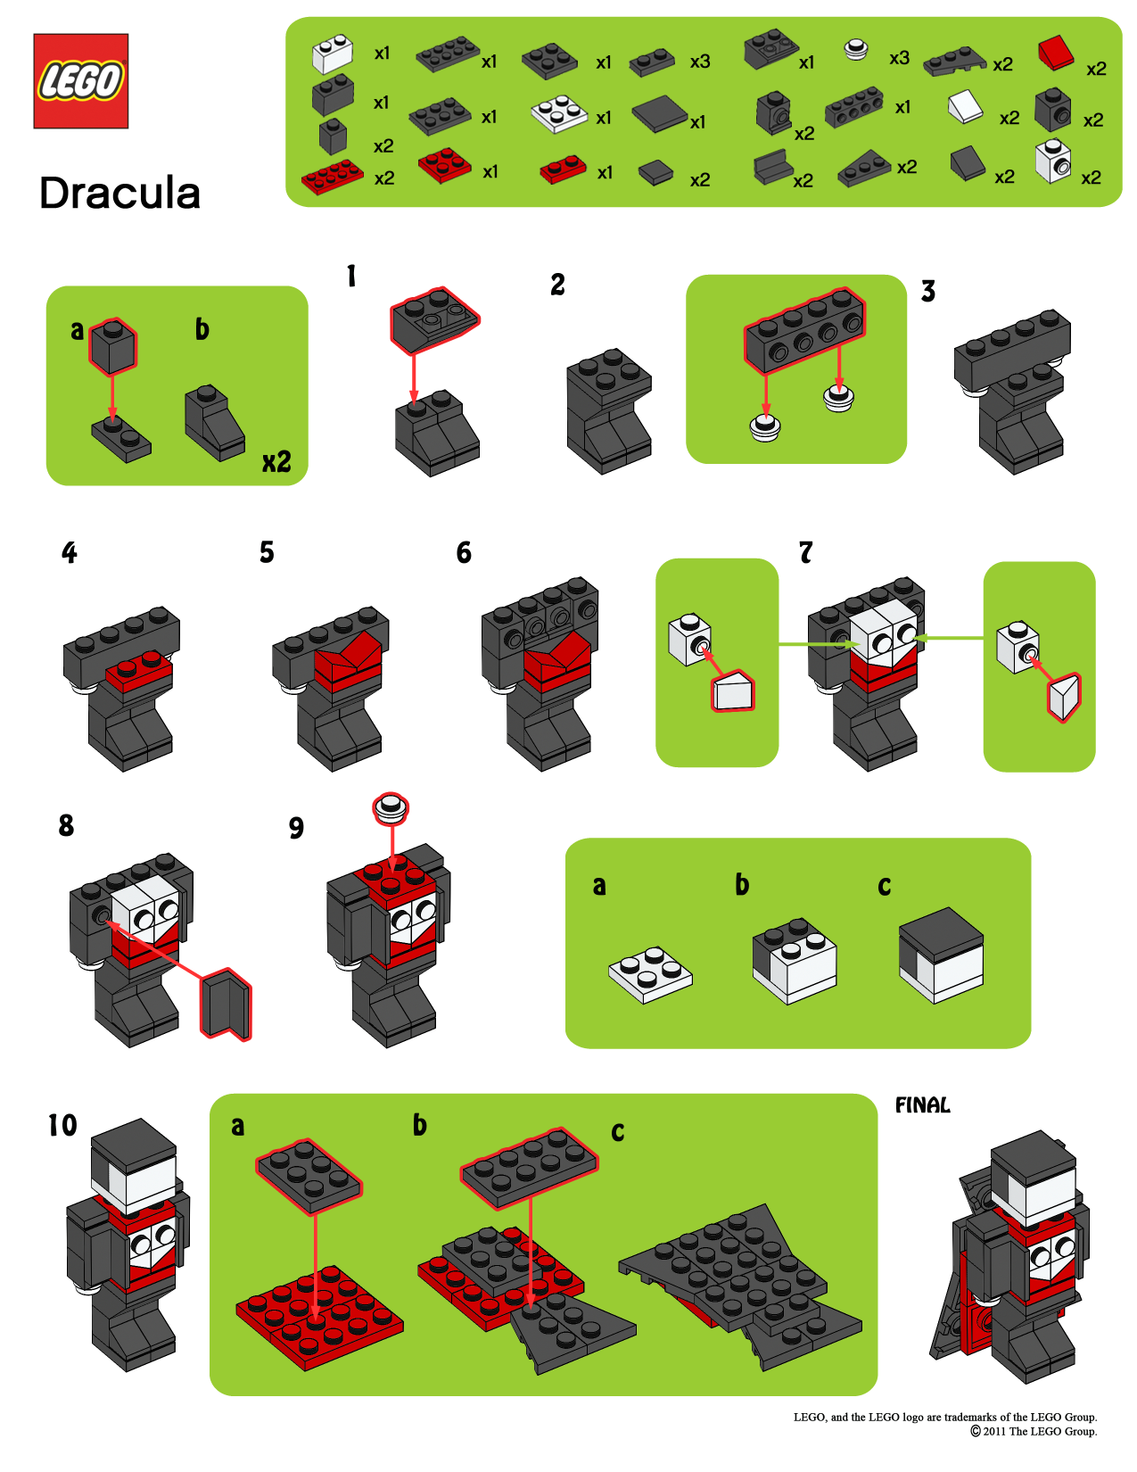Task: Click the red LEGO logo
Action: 80,81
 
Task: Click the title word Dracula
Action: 119,194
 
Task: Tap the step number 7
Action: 805,553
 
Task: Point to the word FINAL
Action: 922,1105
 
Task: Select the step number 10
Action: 62,1126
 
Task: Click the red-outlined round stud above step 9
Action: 391,809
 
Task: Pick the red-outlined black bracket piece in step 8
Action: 226,1005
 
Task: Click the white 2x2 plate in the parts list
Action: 559,114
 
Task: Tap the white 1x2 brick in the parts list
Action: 333,54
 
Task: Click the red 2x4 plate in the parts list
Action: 332,176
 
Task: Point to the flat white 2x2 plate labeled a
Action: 650,974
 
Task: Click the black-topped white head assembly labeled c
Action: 941,955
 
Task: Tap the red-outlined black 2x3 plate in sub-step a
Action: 309,1176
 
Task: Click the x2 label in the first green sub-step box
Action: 276,462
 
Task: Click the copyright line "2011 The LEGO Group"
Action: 1034,1431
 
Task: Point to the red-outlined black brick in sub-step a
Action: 112,346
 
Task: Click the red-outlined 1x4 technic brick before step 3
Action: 805,329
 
